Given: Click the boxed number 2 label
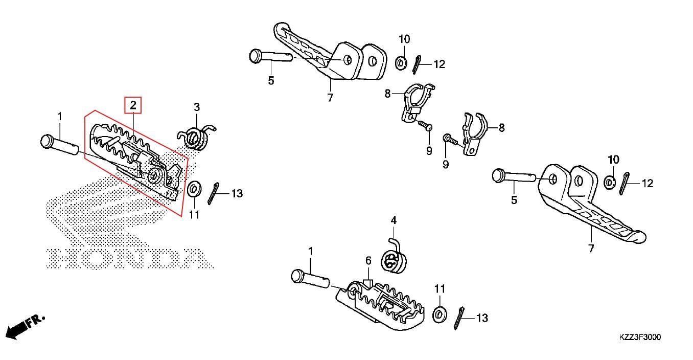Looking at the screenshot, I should point(133,105).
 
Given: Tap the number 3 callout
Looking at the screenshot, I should point(196,107).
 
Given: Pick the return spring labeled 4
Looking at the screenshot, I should point(392,259).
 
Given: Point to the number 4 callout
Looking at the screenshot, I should point(394,220).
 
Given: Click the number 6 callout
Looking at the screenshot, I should point(367,261).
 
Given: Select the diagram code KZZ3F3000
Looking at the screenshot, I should point(640,337).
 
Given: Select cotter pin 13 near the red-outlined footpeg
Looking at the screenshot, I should point(215,194).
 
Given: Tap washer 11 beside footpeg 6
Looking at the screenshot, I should point(439,313).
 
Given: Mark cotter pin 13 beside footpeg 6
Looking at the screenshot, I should point(459,319).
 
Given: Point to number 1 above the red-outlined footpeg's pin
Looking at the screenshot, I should point(59,117).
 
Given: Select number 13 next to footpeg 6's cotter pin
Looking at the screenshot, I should point(481,318).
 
